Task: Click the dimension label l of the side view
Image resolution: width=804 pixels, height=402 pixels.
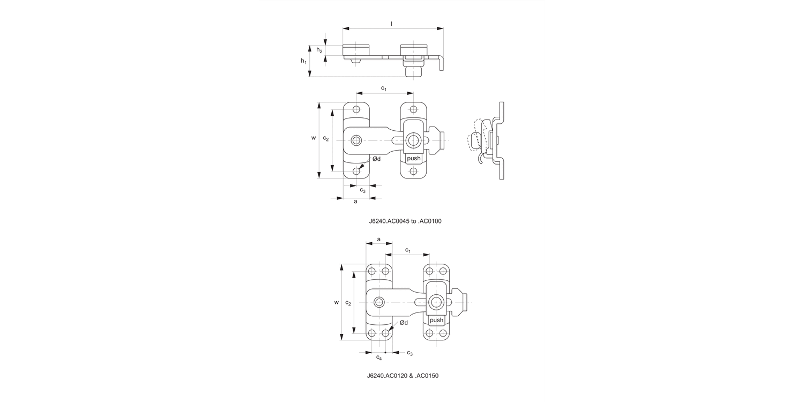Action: tap(392, 24)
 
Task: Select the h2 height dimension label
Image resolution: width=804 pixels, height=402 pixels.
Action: tap(319, 50)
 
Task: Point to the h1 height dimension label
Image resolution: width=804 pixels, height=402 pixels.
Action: tap(304, 62)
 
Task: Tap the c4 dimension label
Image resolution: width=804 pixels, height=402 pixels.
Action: tap(379, 358)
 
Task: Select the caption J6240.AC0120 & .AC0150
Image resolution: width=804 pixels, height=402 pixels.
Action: tap(403, 376)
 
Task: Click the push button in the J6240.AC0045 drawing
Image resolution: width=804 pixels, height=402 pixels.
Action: tap(413, 159)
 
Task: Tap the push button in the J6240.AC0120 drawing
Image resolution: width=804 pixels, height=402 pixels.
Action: tap(436, 320)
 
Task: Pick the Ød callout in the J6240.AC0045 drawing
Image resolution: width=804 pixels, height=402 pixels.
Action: tap(376, 159)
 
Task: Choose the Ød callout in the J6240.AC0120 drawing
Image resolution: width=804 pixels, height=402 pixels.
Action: tap(404, 322)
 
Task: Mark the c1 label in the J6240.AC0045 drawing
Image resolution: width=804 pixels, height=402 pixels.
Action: tap(384, 88)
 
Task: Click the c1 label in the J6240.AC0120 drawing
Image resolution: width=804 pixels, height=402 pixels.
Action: tap(408, 250)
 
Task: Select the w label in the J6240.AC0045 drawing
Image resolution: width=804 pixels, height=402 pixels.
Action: tap(314, 138)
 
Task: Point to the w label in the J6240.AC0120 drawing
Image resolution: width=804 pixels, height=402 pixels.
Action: tap(337, 302)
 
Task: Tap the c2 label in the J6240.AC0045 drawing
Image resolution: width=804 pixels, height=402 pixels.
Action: tap(326, 138)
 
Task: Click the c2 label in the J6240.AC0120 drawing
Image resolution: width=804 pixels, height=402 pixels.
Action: tap(348, 303)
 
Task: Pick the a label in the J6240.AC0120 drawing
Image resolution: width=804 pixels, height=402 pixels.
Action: tap(379, 239)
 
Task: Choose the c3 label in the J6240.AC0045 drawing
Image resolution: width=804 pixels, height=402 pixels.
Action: tap(363, 190)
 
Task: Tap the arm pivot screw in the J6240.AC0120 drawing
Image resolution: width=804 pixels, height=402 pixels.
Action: tap(379, 302)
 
